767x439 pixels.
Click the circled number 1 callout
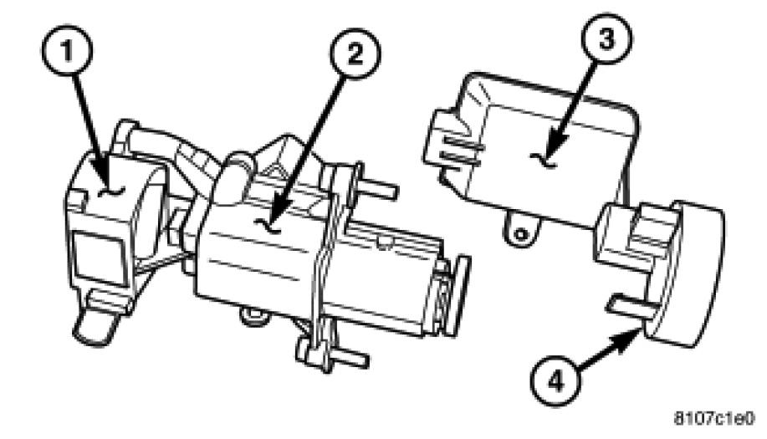pyautogui.click(x=67, y=50)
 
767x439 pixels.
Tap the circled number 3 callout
pyautogui.click(x=606, y=38)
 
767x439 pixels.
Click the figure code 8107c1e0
pyautogui.click(x=714, y=419)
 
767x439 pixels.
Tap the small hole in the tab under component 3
pyautogui.click(x=522, y=234)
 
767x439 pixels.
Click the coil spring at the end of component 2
pyautogui.click(x=439, y=303)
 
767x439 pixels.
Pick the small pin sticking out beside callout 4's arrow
pyautogui.click(x=627, y=308)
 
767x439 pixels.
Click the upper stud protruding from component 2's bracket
pyautogui.click(x=379, y=187)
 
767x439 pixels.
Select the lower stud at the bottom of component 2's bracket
pyautogui.click(x=349, y=357)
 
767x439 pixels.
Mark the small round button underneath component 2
pyautogui.click(x=253, y=317)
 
